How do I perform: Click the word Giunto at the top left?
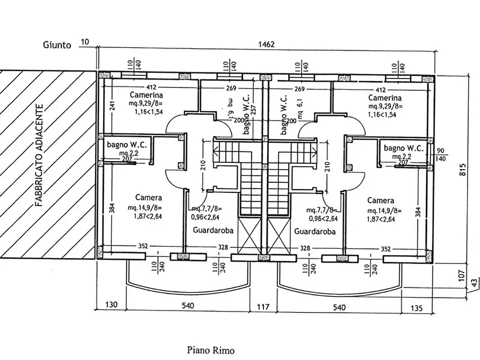coord(56,45)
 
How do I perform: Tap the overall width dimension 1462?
coord(267,45)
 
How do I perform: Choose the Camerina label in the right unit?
coord(385,98)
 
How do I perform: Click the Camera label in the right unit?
coord(381,200)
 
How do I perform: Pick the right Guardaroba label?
coord(315,232)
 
